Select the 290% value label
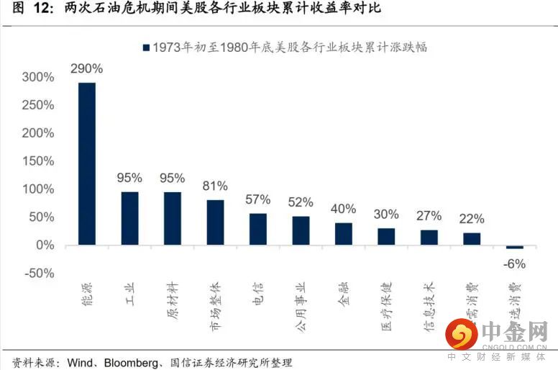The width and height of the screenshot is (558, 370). click(x=86, y=69)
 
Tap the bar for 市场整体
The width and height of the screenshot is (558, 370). click(x=215, y=222)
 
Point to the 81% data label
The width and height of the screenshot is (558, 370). click(x=215, y=186)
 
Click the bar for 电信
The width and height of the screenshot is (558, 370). click(x=258, y=229)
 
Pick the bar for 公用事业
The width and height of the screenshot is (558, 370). click(x=301, y=230)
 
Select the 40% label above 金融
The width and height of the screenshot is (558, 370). click(x=344, y=209)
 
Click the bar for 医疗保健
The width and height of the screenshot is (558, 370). click(x=386, y=236)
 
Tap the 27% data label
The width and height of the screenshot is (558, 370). click(x=429, y=216)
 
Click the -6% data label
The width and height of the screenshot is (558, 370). click(x=515, y=263)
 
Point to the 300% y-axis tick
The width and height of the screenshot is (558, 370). click(x=38, y=77)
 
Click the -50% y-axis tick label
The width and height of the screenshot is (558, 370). click(x=37, y=274)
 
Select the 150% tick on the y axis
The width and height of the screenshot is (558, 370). click(x=38, y=161)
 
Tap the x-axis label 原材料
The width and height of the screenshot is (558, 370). click(x=173, y=297)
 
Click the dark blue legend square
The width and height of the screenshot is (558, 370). click(x=146, y=47)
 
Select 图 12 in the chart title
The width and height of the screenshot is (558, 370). click(x=27, y=9)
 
